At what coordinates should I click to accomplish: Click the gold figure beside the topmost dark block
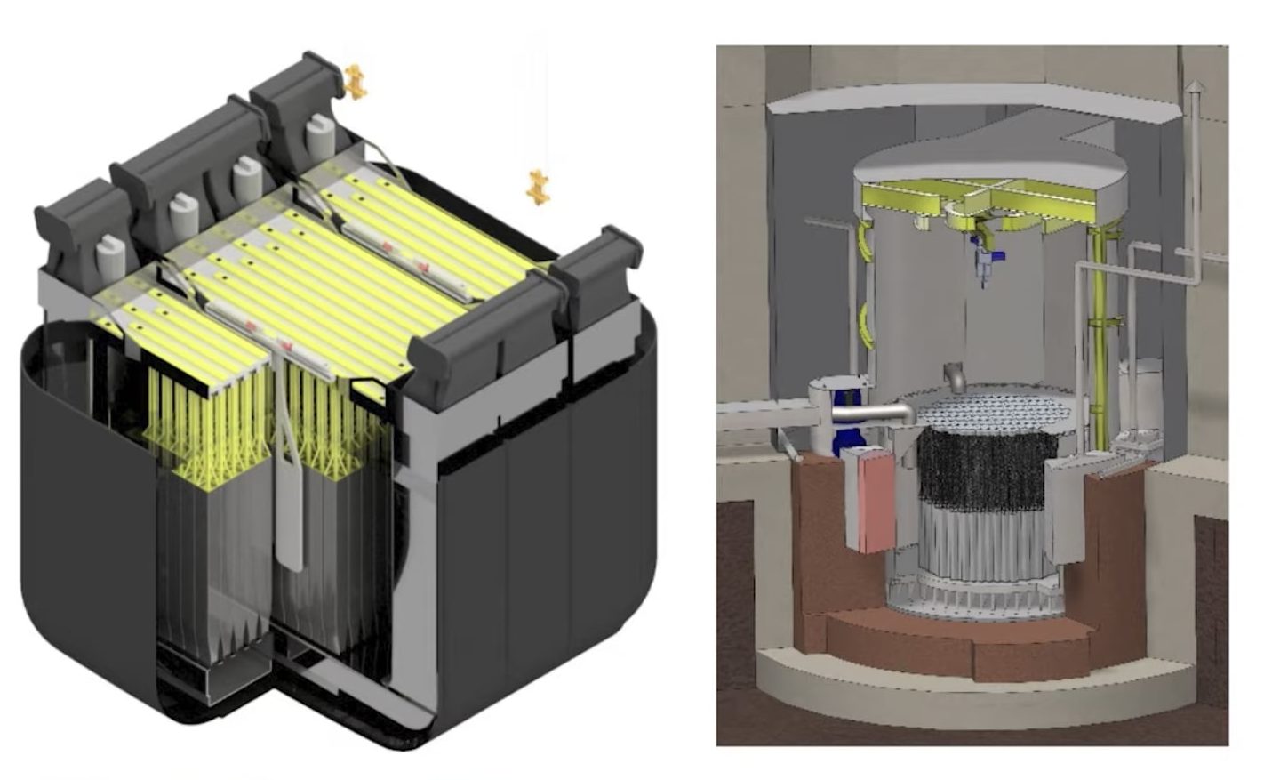[x=356, y=81]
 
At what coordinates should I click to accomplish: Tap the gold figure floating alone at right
[x=537, y=187]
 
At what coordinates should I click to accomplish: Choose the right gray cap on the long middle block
[x=246, y=178]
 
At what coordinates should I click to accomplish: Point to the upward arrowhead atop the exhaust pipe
[x=1196, y=87]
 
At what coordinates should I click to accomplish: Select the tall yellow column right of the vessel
[x=1101, y=338]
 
